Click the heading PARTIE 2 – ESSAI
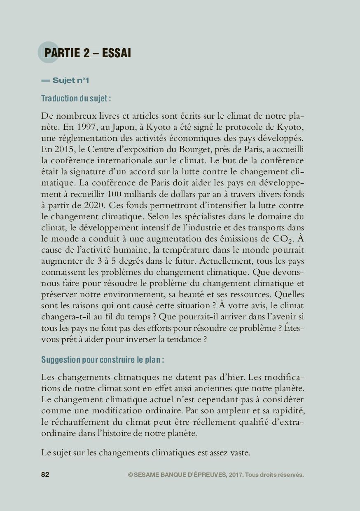click(87, 53)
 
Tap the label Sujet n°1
click(70, 81)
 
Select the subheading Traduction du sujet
click(76, 98)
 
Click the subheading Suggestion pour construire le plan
click(103, 360)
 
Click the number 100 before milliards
click(114, 194)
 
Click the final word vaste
click(238, 452)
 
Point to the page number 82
click(45, 475)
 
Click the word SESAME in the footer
click(147, 475)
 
